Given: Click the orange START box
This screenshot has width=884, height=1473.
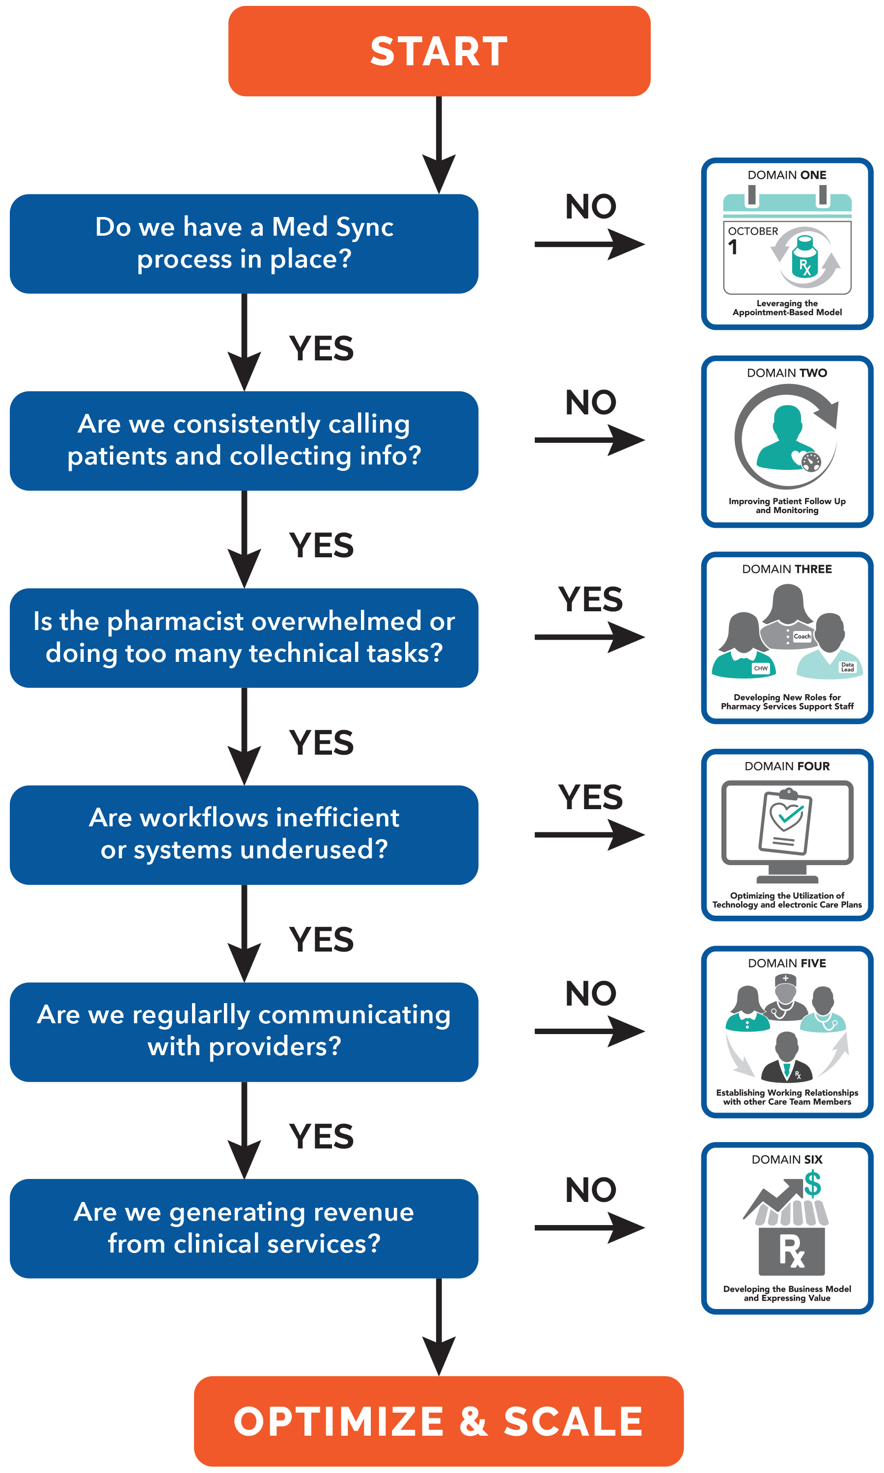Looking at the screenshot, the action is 439,51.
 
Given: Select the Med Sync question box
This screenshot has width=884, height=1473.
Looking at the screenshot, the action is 244,244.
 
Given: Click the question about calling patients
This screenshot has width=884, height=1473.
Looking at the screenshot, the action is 244,440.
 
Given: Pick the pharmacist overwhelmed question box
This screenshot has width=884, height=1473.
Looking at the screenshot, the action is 244,638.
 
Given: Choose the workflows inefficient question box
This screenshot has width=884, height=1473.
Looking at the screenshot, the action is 244,835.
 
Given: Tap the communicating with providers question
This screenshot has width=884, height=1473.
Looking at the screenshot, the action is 244,1032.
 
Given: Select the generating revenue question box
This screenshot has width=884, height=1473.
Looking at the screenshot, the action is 244,1228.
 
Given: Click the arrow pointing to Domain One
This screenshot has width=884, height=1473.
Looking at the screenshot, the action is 590,244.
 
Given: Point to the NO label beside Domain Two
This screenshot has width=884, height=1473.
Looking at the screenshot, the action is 590,403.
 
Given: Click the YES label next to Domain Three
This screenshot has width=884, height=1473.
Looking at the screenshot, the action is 590,599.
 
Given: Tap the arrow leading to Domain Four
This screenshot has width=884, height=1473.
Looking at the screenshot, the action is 590,835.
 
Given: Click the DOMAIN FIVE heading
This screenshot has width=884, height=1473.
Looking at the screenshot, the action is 787,963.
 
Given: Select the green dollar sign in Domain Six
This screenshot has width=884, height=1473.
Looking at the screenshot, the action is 812,1184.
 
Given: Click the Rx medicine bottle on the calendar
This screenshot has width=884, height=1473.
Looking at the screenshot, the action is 805,257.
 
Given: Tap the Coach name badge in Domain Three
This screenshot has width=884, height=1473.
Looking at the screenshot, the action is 802,636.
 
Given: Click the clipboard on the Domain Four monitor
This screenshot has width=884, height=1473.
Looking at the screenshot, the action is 786,821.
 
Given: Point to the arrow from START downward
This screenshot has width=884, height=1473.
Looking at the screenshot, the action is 439,145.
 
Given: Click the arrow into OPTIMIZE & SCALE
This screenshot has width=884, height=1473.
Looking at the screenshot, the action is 439,1327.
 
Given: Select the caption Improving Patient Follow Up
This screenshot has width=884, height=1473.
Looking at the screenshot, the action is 787,506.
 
